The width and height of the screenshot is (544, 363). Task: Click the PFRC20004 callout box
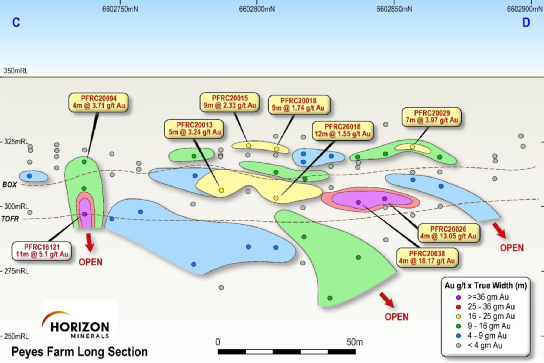[99, 102]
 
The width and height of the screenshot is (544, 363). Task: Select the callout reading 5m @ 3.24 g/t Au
[194, 129]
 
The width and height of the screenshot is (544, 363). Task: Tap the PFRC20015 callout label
[230, 102]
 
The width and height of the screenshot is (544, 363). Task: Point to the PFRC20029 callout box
[432, 117]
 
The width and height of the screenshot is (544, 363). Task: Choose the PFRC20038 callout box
[427, 257]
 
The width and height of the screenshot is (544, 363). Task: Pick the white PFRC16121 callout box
[42, 251]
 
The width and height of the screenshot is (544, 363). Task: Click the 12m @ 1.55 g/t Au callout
[342, 130]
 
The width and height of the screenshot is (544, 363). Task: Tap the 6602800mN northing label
[257, 9]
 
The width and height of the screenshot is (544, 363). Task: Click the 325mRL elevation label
[16, 142]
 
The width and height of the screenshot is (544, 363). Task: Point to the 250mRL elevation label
[16, 336]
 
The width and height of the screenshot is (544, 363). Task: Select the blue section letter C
[16, 23]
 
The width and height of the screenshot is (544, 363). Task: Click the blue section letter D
[526, 23]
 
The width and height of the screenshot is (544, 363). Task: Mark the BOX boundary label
[10, 185]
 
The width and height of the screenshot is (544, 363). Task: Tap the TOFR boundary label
[10, 219]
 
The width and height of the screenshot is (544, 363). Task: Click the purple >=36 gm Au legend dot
[459, 297]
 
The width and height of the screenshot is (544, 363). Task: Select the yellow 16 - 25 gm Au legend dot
[459, 316]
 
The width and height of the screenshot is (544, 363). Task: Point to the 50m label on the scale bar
[354, 342]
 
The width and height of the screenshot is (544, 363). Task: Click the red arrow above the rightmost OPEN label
[499, 230]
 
